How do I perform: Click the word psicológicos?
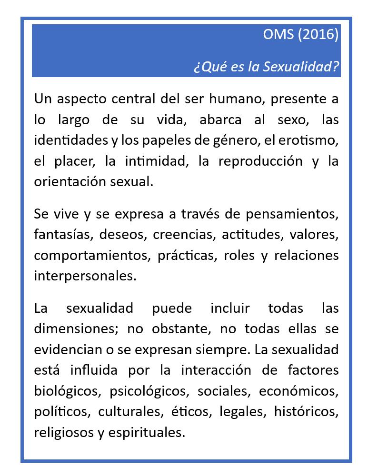149,391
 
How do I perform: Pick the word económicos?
298,391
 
